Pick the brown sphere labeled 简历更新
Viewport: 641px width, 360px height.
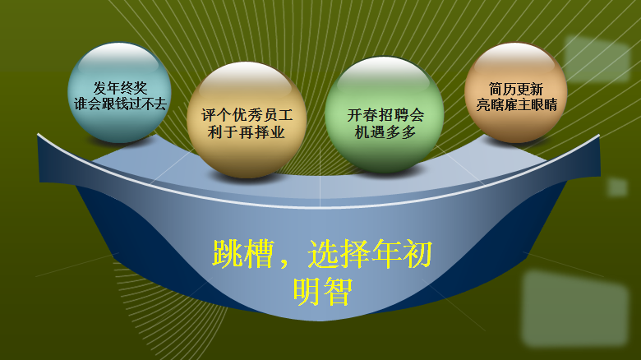point(516,92)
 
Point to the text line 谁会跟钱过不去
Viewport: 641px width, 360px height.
point(119,104)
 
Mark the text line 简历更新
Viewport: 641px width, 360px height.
point(516,88)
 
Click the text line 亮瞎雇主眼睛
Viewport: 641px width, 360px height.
point(516,104)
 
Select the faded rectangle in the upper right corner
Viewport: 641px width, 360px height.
point(596,59)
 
